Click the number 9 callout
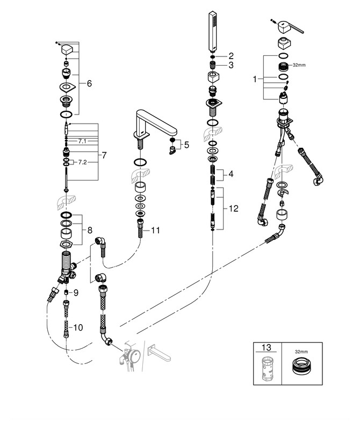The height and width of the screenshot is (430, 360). coord(76,292)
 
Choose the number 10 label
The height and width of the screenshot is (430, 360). coord(78,327)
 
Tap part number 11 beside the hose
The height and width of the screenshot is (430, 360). coord(155,230)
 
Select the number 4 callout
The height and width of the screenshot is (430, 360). coord(231,174)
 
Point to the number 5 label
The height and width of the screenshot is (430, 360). coord(186,144)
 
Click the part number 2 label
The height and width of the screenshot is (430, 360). coord(231,55)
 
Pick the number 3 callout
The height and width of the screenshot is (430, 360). coord(231,65)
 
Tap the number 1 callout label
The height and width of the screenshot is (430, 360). coord(256,79)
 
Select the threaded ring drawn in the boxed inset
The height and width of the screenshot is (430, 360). coord(301,369)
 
